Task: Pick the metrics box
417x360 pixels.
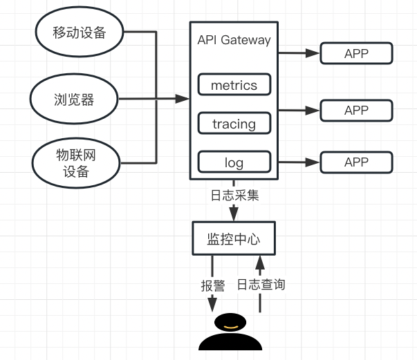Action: pyautogui.click(x=234, y=86)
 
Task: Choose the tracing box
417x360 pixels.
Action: pyautogui.click(x=234, y=124)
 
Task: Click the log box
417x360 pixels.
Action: pyautogui.click(x=234, y=163)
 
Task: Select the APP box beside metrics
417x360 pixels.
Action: pyautogui.click(x=356, y=53)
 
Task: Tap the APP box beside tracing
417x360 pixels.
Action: pyautogui.click(x=356, y=110)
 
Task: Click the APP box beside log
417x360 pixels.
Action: pyautogui.click(x=356, y=162)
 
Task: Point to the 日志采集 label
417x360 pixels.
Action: pyautogui.click(x=234, y=195)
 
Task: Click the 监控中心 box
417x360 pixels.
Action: pyautogui.click(x=234, y=239)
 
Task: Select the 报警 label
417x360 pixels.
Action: pyautogui.click(x=212, y=285)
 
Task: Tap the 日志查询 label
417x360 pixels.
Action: pyautogui.click(x=261, y=285)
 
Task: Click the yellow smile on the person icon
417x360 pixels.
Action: pyautogui.click(x=230, y=325)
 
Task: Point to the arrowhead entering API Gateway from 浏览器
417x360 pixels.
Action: pyautogui.click(x=183, y=100)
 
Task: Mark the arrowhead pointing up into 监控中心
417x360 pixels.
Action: pyautogui.click(x=260, y=262)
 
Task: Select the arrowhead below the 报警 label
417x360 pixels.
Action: pyautogui.click(x=212, y=303)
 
